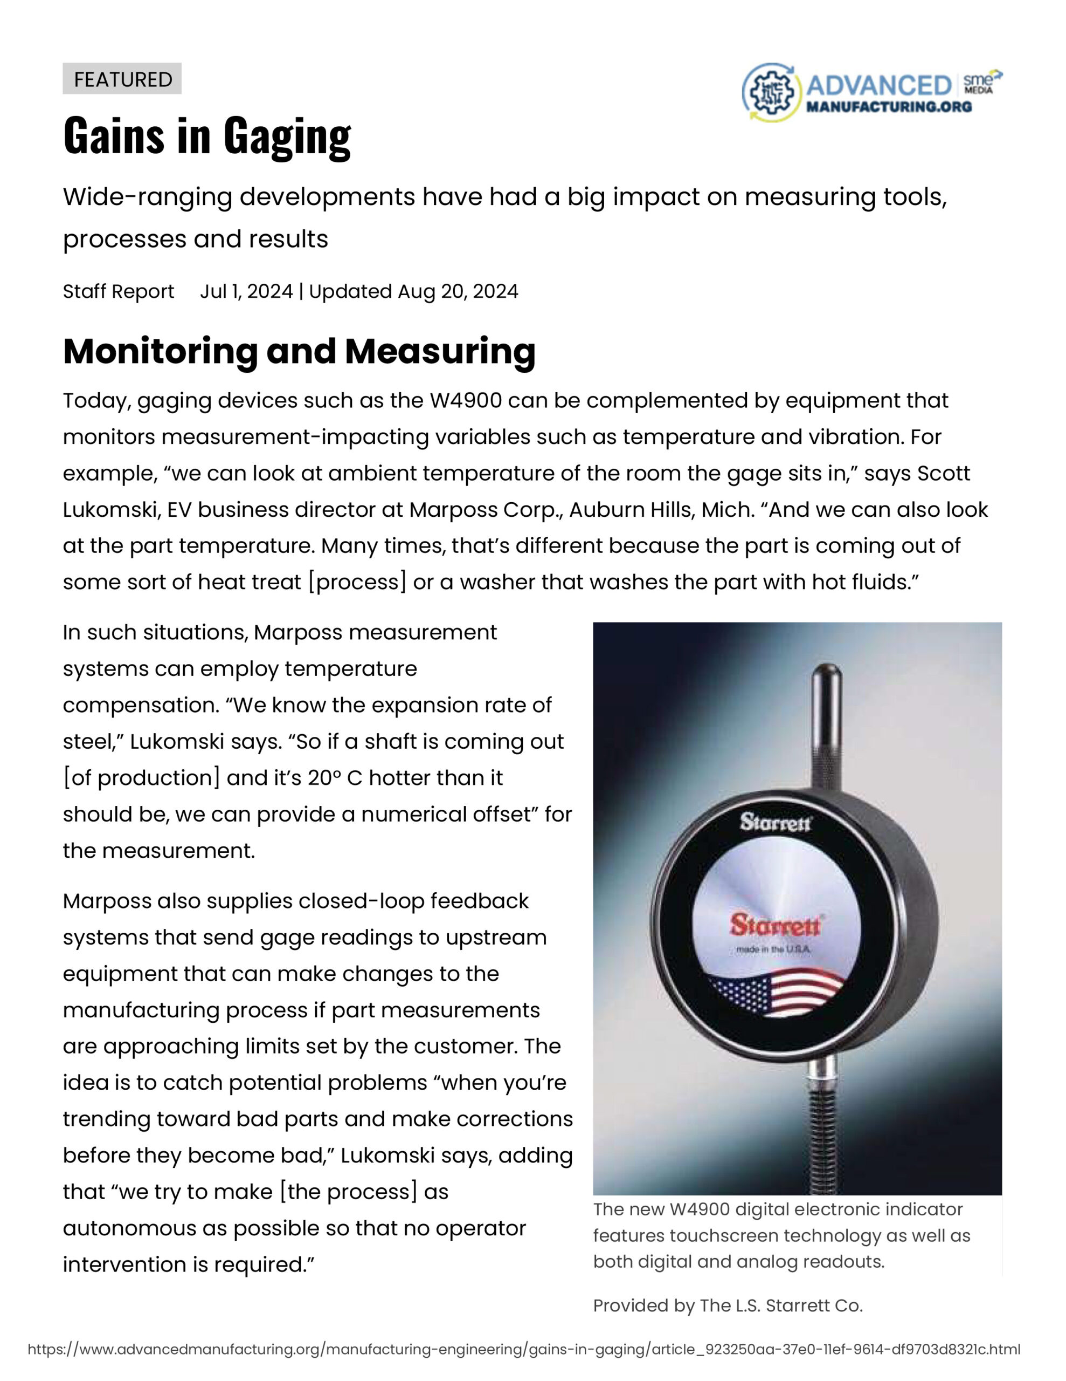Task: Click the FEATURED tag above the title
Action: click(x=122, y=79)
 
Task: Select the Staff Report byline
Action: click(x=118, y=291)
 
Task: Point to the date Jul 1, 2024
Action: click(x=246, y=291)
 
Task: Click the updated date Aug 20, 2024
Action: click(x=458, y=291)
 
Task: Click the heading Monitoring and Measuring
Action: click(x=299, y=351)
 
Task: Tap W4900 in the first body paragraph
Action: click(x=465, y=400)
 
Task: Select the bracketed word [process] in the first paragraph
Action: click(x=357, y=582)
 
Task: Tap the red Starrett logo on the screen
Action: click(x=776, y=925)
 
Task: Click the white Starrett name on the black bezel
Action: click(x=776, y=823)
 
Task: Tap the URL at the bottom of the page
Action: click(x=524, y=1349)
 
